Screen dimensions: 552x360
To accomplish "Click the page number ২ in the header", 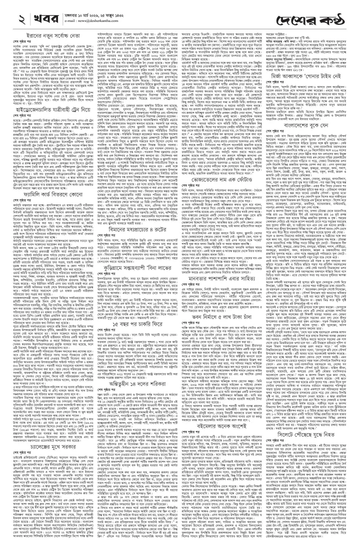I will pyautogui.click(x=10, y=10).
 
